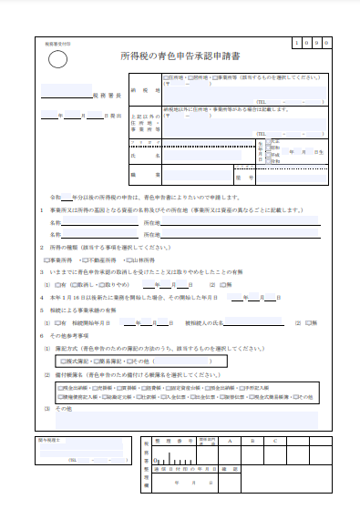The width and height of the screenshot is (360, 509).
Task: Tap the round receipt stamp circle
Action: (x=57, y=60)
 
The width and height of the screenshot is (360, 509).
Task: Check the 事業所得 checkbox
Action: (x=44, y=260)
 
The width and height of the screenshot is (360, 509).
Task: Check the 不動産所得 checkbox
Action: (x=80, y=260)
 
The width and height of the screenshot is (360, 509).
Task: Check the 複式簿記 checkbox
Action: (x=60, y=361)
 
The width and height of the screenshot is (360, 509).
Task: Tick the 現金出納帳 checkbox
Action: (x=59, y=386)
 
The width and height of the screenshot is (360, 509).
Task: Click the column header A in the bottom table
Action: (x=229, y=440)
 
